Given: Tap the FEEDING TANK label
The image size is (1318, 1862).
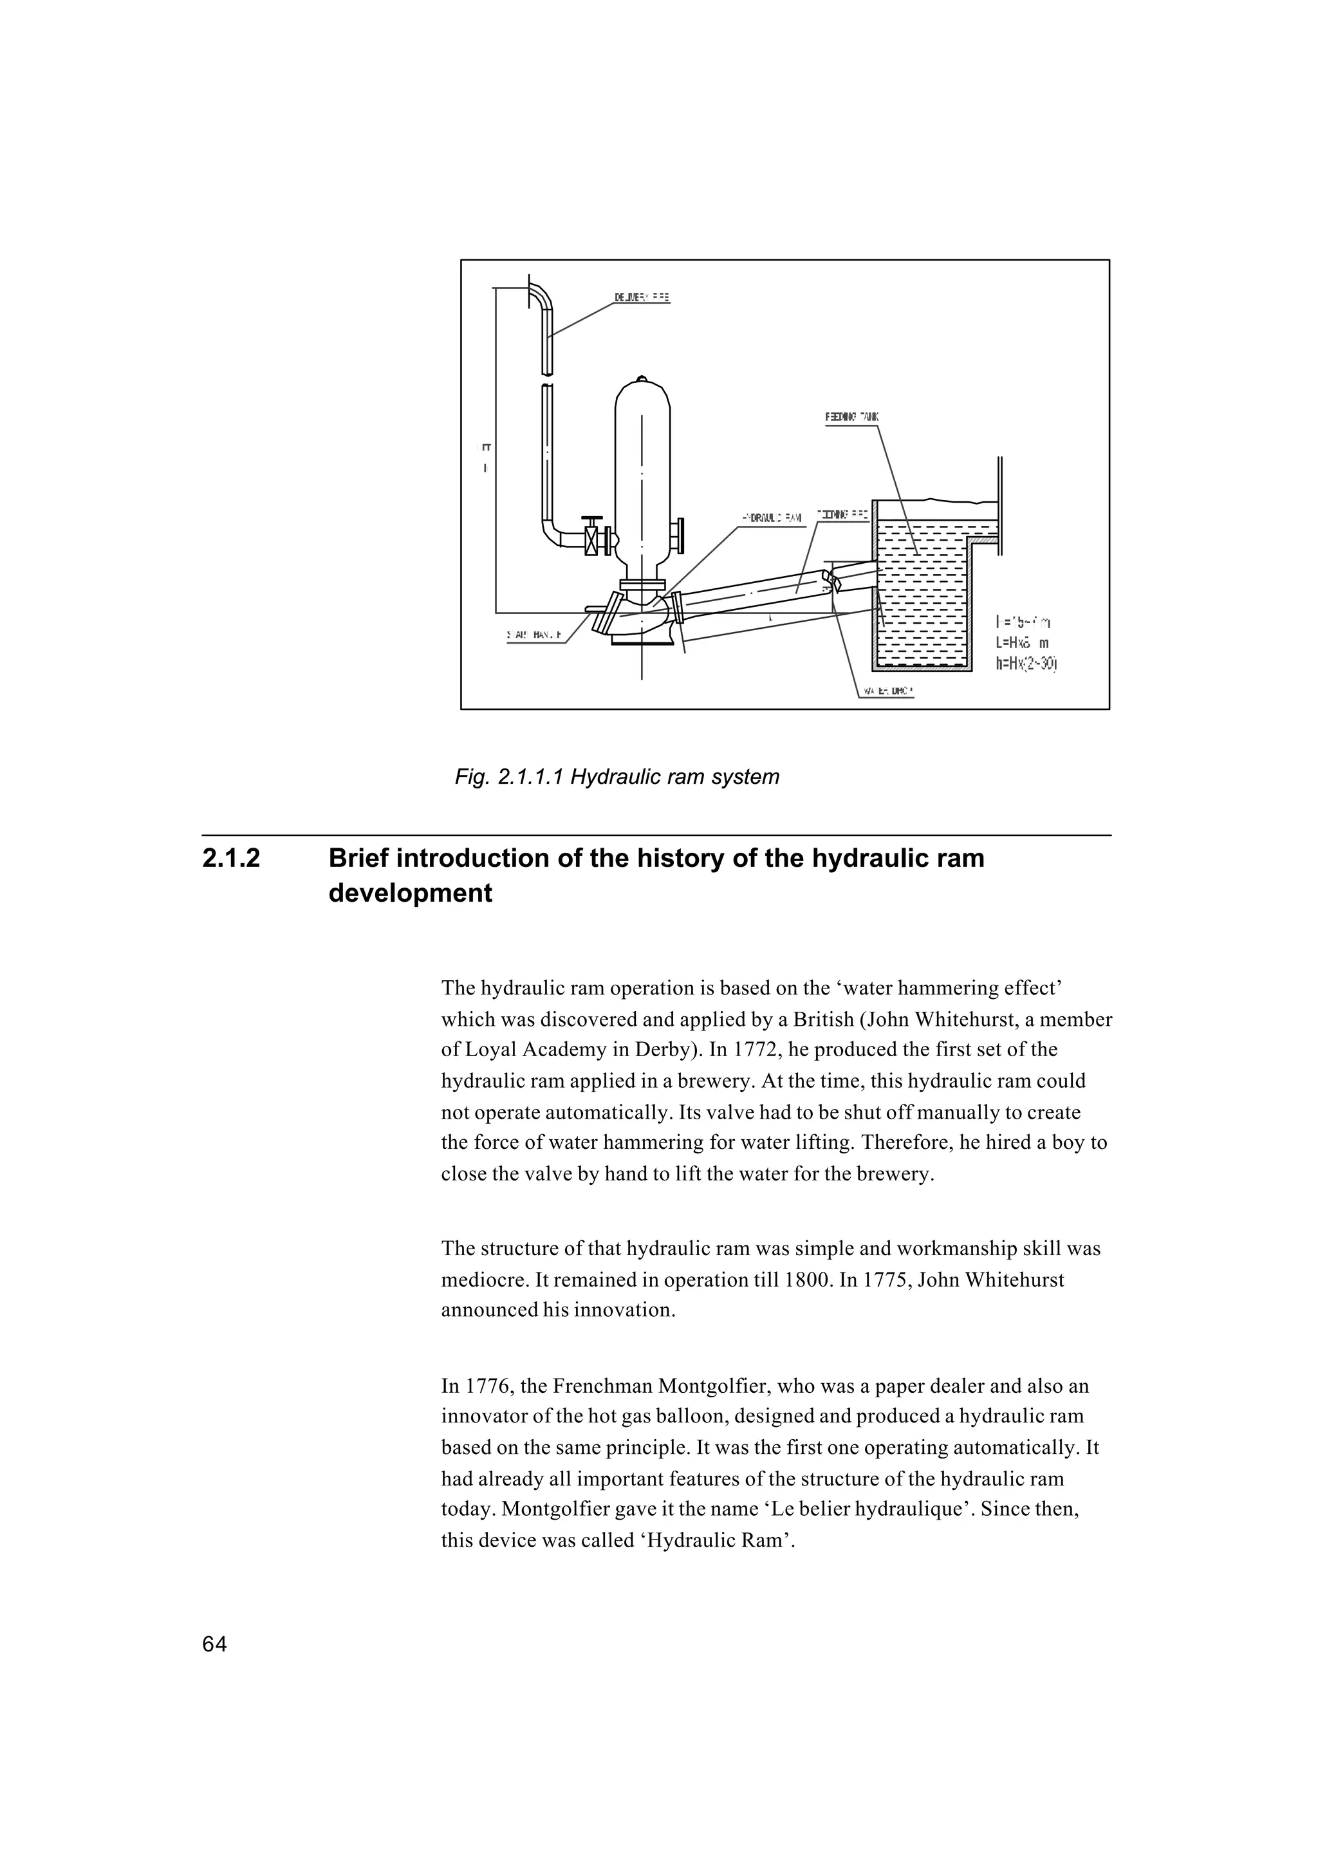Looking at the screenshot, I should (851, 417).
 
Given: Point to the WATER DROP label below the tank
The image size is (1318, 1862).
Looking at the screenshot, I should (886, 693).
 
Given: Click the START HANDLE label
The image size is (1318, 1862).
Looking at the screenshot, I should (535, 637).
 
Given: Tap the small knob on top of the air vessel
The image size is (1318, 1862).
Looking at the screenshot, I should (643, 378).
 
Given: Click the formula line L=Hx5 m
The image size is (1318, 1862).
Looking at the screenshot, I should (1022, 643).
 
